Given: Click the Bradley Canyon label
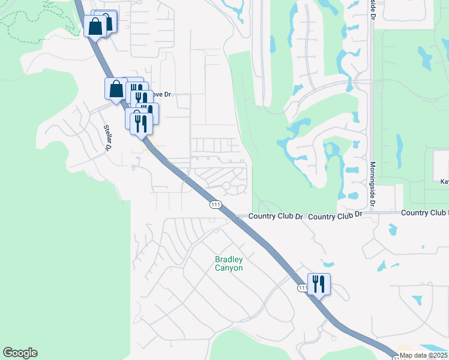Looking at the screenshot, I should pyautogui.click(x=229, y=263).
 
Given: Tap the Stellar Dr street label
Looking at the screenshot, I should pyautogui.click(x=109, y=137).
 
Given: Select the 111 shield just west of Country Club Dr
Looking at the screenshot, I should pyautogui.click(x=215, y=205).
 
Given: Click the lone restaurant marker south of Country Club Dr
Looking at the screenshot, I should pyautogui.click(x=319, y=284).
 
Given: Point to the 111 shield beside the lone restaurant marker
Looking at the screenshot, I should pyautogui.click(x=303, y=289).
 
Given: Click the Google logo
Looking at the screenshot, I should pyautogui.click(x=20, y=353).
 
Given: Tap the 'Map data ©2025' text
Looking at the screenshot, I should pyautogui.click(x=424, y=355).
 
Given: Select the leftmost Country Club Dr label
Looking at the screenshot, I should pyautogui.click(x=276, y=216).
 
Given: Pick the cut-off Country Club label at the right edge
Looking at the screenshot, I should pyautogui.click(x=424, y=213).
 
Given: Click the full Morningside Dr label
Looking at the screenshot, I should pyautogui.click(x=373, y=184).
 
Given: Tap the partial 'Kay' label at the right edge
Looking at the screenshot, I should pyautogui.click(x=444, y=181).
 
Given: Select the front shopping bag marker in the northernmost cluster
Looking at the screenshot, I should pyautogui.click(x=95, y=26).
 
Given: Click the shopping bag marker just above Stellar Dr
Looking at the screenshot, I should pyautogui.click(x=115, y=89).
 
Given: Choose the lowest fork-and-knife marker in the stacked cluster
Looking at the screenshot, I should pyautogui.click(x=139, y=122).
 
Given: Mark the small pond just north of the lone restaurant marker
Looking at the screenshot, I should pyautogui.click(x=327, y=263).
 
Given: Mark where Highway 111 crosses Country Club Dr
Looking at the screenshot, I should pyautogui.click(x=235, y=217).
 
